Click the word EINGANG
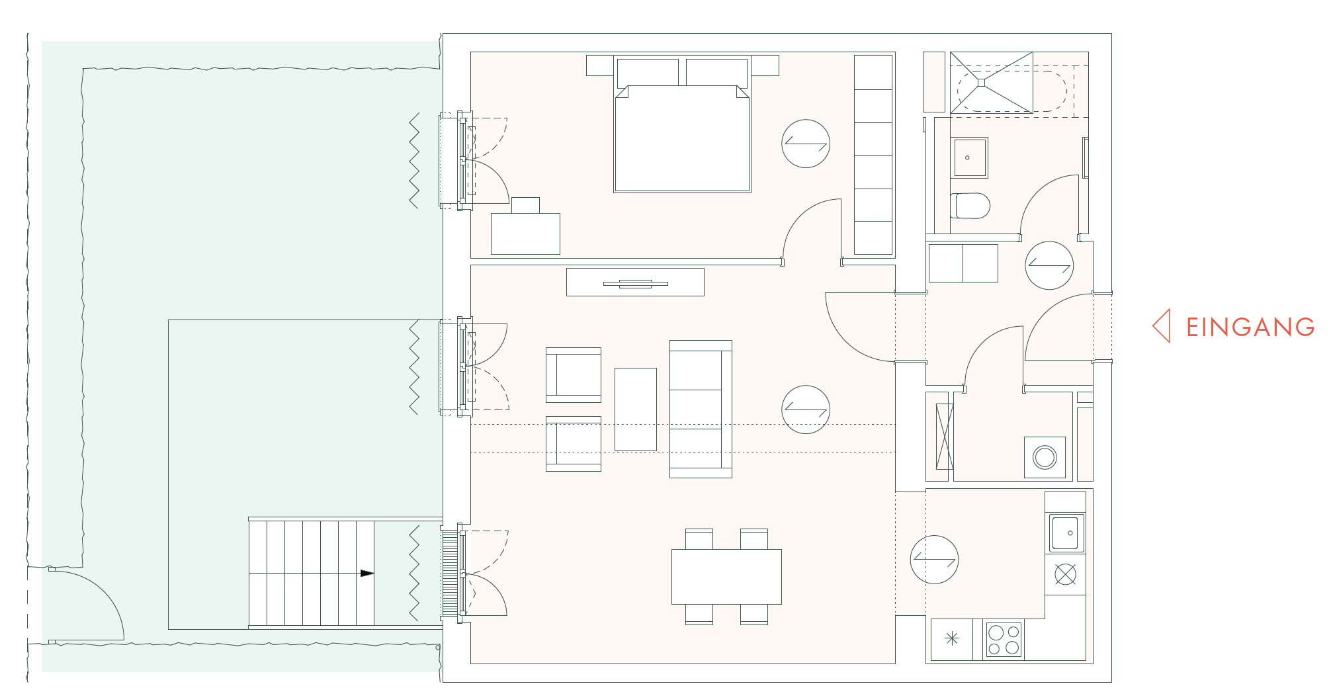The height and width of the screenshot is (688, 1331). click(x=1250, y=327)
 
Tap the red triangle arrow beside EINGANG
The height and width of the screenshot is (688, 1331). click(x=1162, y=326)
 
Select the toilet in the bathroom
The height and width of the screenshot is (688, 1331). click(x=970, y=206)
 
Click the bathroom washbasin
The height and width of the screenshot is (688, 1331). click(x=969, y=157)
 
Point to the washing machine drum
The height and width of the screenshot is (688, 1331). click(x=1045, y=457)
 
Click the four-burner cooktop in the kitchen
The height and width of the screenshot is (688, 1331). click(x=1004, y=640)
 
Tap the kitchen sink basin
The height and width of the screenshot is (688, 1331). click(x=1065, y=533)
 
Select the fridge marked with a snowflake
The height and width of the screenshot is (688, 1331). click(x=951, y=638)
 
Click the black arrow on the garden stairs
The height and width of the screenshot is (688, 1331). click(x=367, y=574)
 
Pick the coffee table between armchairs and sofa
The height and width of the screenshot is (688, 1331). click(x=635, y=409)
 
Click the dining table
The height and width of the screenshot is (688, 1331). click(x=726, y=576)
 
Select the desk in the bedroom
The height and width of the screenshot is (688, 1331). click(x=525, y=234)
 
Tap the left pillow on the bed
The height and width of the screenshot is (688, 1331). click(x=647, y=71)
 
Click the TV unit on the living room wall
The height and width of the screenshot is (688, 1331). click(x=635, y=282)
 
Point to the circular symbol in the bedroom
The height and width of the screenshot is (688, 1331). click(x=805, y=144)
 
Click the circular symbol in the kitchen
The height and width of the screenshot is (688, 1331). click(x=934, y=560)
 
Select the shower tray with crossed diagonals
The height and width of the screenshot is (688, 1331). click(x=991, y=83)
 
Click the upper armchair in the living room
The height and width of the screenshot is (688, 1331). click(x=574, y=375)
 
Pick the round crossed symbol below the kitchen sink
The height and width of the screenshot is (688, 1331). click(x=1065, y=574)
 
